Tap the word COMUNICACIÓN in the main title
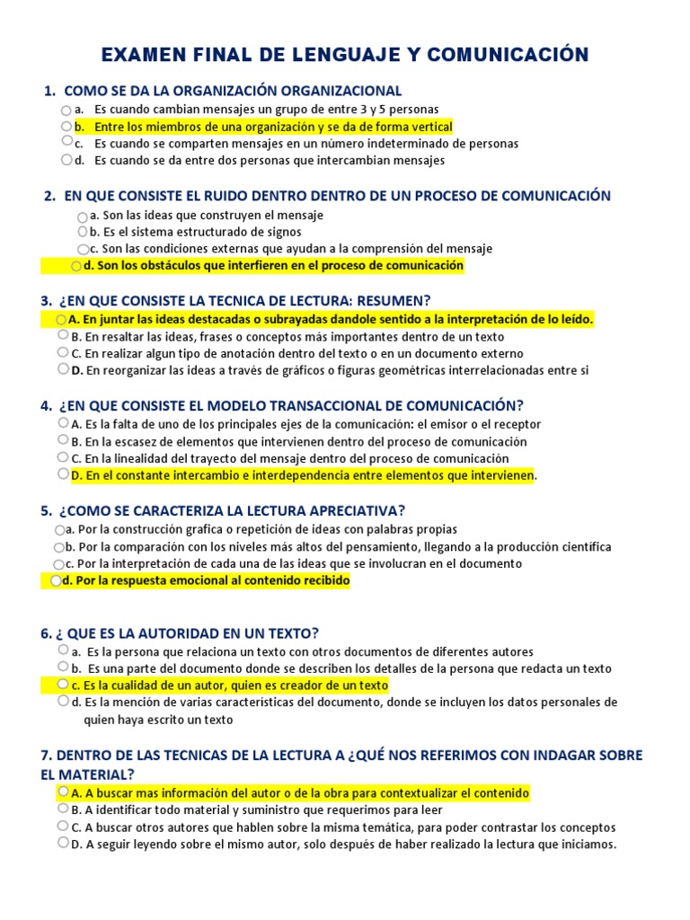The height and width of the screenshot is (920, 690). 512,56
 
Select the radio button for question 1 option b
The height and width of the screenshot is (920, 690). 67,126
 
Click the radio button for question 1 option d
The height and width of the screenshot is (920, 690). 67,160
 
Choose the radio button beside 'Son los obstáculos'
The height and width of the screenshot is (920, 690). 76,266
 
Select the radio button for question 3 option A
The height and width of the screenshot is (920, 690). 61,319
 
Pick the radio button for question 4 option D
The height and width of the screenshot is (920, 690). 63,473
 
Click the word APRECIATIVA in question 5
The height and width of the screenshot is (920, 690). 347,511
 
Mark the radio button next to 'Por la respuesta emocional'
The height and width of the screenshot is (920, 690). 57,581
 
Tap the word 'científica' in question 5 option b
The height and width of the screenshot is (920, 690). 580,547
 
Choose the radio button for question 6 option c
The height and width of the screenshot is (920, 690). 63,685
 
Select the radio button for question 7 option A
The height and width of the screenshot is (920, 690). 63,792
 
